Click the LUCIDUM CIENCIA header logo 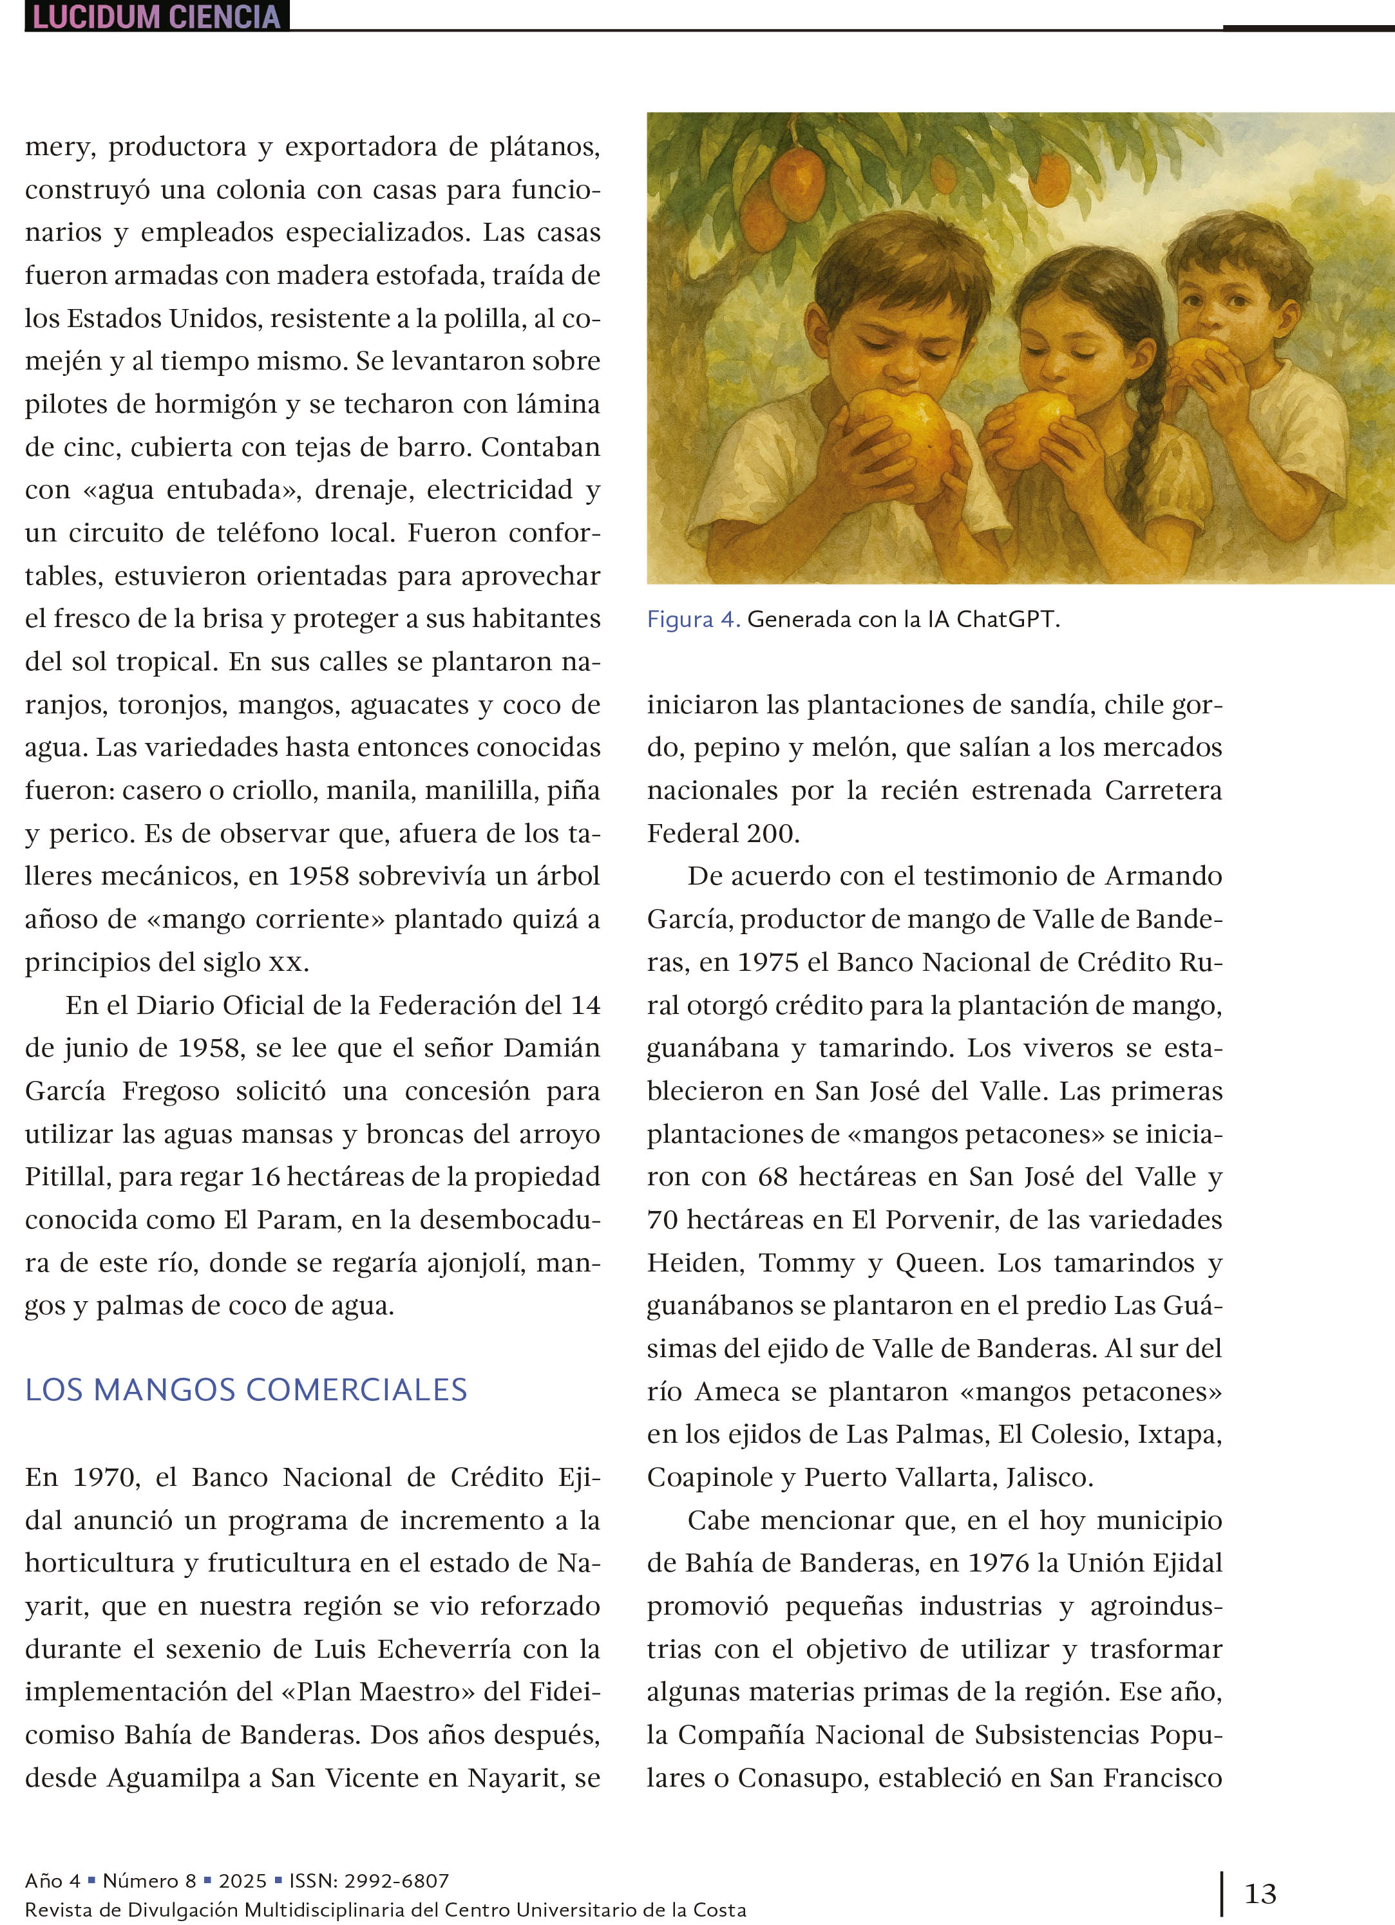click(x=157, y=16)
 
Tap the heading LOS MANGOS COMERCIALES click(x=246, y=1389)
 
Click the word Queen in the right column click(x=939, y=1263)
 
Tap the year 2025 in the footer click(x=242, y=1881)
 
